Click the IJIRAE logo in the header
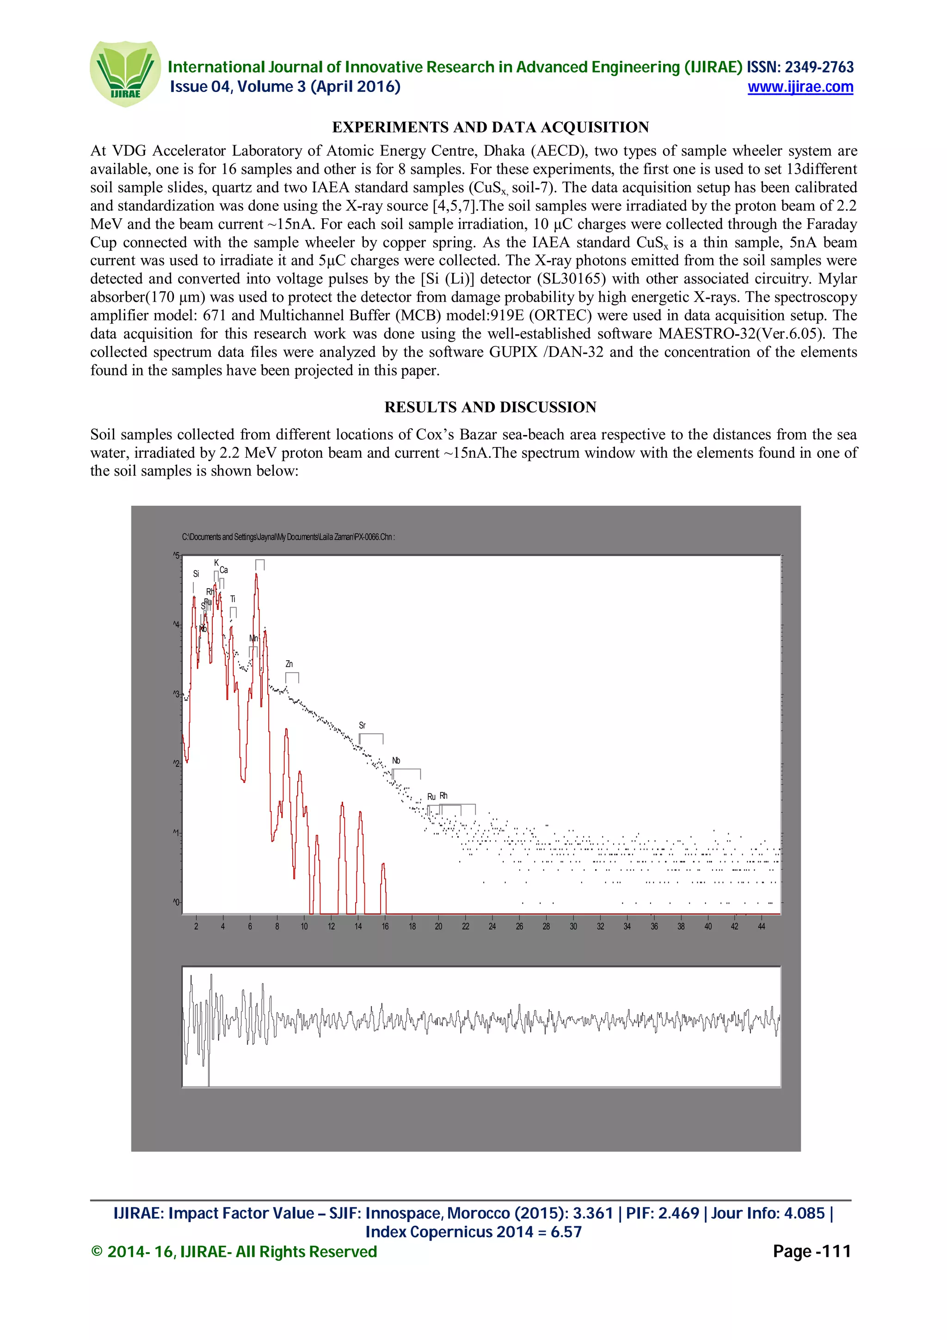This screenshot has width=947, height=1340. coord(124,74)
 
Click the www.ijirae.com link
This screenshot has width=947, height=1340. coord(800,87)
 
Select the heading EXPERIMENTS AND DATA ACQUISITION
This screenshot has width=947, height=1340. coord(490,127)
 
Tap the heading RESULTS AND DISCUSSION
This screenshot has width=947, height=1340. coord(490,407)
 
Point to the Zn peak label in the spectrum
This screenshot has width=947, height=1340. coord(289,664)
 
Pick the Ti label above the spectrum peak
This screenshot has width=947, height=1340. coord(233,599)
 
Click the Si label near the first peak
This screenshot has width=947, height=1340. coord(196,574)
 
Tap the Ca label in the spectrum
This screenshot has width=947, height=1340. coord(223,570)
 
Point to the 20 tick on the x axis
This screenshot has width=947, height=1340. coord(438,926)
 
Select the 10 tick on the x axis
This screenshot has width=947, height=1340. coord(304,926)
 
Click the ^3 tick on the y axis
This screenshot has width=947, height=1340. coord(176,694)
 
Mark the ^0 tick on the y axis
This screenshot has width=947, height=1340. coord(176,902)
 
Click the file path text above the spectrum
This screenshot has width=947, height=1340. coord(288,537)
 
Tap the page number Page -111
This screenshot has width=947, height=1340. coord(811,1251)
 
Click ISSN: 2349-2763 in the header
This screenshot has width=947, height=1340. coord(800,67)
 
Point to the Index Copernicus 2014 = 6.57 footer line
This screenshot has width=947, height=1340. coord(473,1232)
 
